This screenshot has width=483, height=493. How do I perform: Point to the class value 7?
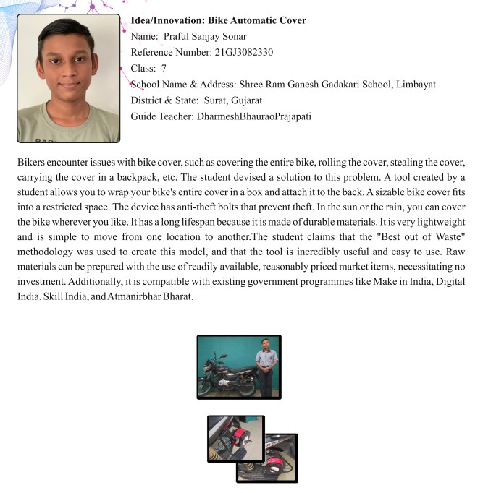coord(164,69)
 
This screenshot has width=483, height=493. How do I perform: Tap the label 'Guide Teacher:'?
coord(161,116)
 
